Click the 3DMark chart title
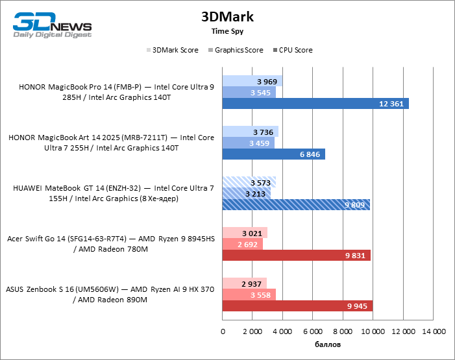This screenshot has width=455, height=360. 227,16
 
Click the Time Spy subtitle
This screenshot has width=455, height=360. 227,30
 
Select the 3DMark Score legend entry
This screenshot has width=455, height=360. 173,50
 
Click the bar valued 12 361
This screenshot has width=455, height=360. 315,104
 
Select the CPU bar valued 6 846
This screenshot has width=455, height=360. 273,154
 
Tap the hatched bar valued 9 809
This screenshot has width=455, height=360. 296,204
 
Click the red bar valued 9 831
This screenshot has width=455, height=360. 296,255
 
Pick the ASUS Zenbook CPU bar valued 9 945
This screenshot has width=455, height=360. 297,306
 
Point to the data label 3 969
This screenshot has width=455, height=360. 267,82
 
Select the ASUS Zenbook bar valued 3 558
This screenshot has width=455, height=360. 249,294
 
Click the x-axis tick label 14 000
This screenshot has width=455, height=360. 433,332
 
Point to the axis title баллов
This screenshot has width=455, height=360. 328,344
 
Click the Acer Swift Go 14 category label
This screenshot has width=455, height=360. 110,244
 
